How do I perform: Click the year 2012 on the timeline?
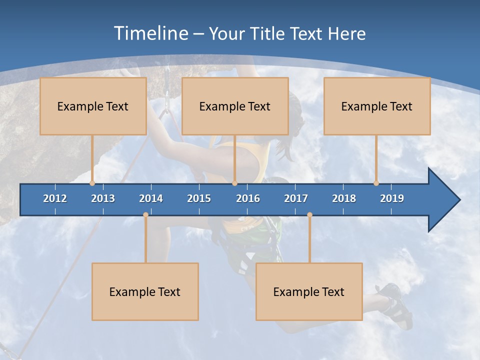55,198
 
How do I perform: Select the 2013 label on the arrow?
103,198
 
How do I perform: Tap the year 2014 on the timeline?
151,198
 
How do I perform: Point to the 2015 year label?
199,198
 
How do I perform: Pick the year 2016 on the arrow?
248,198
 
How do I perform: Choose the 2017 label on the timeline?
296,198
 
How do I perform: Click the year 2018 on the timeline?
344,198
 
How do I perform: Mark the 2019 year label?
392,198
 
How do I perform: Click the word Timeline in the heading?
150,33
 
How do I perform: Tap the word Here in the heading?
346,33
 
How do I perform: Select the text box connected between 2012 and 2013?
93,106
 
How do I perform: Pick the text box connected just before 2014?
145,291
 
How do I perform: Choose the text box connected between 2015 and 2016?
235,106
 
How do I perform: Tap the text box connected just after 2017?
309,291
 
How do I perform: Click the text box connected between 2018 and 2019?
377,106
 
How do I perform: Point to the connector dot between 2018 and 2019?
376,183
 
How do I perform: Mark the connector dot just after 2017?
309,215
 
